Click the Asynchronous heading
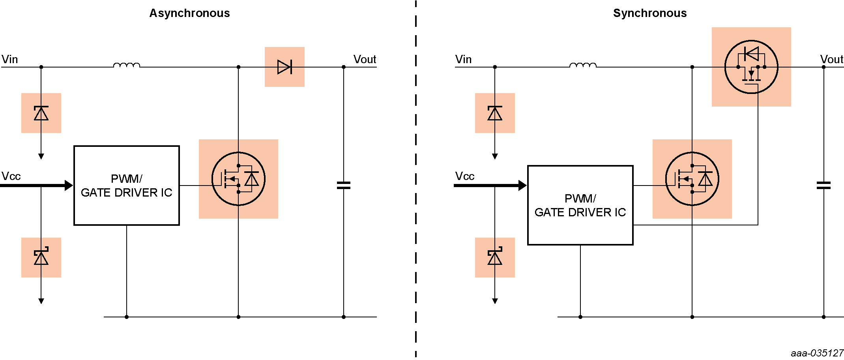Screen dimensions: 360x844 [x=189, y=13]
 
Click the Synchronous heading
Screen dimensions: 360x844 [x=649, y=13]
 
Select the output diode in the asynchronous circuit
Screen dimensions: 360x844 [x=284, y=67]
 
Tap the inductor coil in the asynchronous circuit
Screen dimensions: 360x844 [x=127, y=65]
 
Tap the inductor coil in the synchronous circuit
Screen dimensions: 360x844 [x=583, y=65]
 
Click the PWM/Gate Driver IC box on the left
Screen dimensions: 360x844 [x=127, y=186]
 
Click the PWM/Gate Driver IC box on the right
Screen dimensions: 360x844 [x=580, y=205]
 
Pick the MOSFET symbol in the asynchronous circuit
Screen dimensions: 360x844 [x=238, y=179]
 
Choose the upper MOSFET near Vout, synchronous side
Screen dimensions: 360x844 [x=751, y=67]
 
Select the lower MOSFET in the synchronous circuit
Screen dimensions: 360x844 [x=692, y=179]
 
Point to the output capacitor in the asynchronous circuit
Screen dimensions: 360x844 [x=344, y=185]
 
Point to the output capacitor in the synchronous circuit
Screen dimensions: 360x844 [x=823, y=185]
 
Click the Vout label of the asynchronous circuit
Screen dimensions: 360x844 [x=365, y=59]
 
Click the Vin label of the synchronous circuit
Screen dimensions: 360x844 [x=463, y=59]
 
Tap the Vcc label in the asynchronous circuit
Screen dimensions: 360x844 [x=11, y=176]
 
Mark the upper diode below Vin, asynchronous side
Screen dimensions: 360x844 [x=41, y=113]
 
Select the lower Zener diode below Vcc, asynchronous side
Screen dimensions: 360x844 [x=41, y=257]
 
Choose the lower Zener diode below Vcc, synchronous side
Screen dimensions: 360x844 [x=495, y=257]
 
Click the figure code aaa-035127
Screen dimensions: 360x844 [x=817, y=353]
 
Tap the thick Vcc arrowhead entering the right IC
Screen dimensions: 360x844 [x=522, y=185]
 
